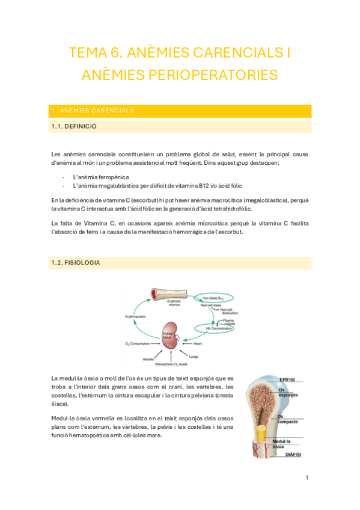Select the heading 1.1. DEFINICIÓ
pos(75,127)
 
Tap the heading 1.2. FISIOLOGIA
pos(76,263)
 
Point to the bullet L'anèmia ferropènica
pos(101,177)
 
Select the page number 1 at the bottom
pos(307,478)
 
